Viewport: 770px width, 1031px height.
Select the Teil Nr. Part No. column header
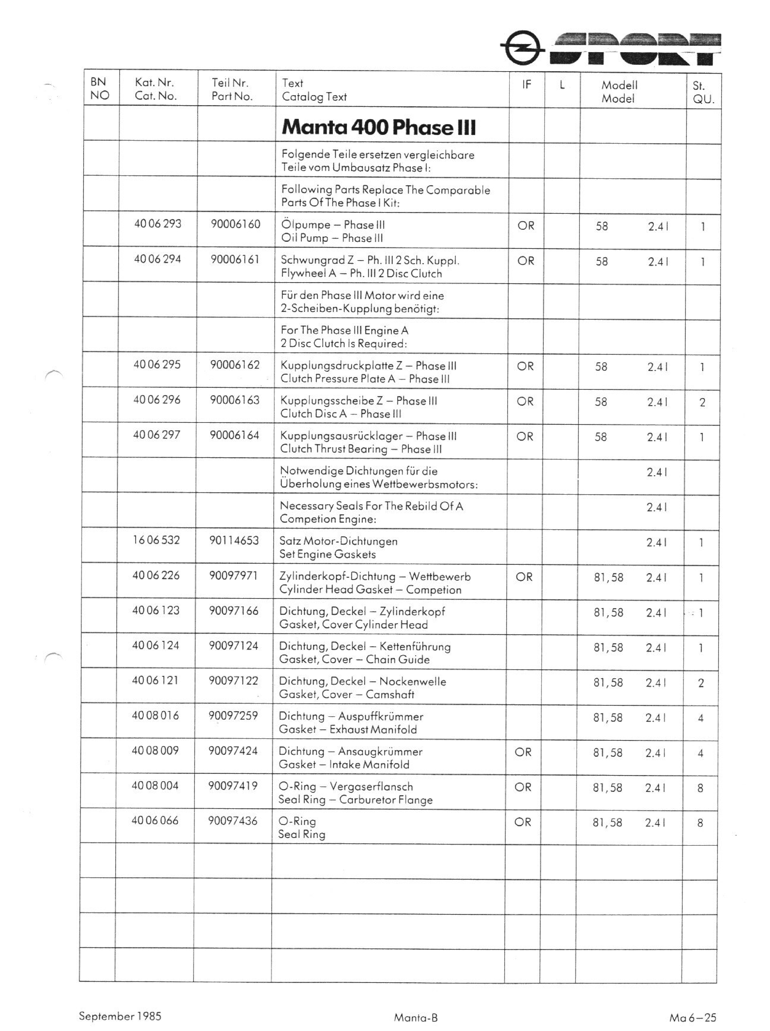[232, 89]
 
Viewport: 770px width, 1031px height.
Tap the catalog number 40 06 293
[158, 224]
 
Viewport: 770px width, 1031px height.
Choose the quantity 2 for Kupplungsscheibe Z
[702, 403]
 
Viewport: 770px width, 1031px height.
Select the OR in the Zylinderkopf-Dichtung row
[524, 577]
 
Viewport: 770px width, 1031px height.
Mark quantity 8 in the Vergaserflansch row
[700, 788]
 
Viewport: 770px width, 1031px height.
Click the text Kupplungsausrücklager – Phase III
[368, 436]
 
